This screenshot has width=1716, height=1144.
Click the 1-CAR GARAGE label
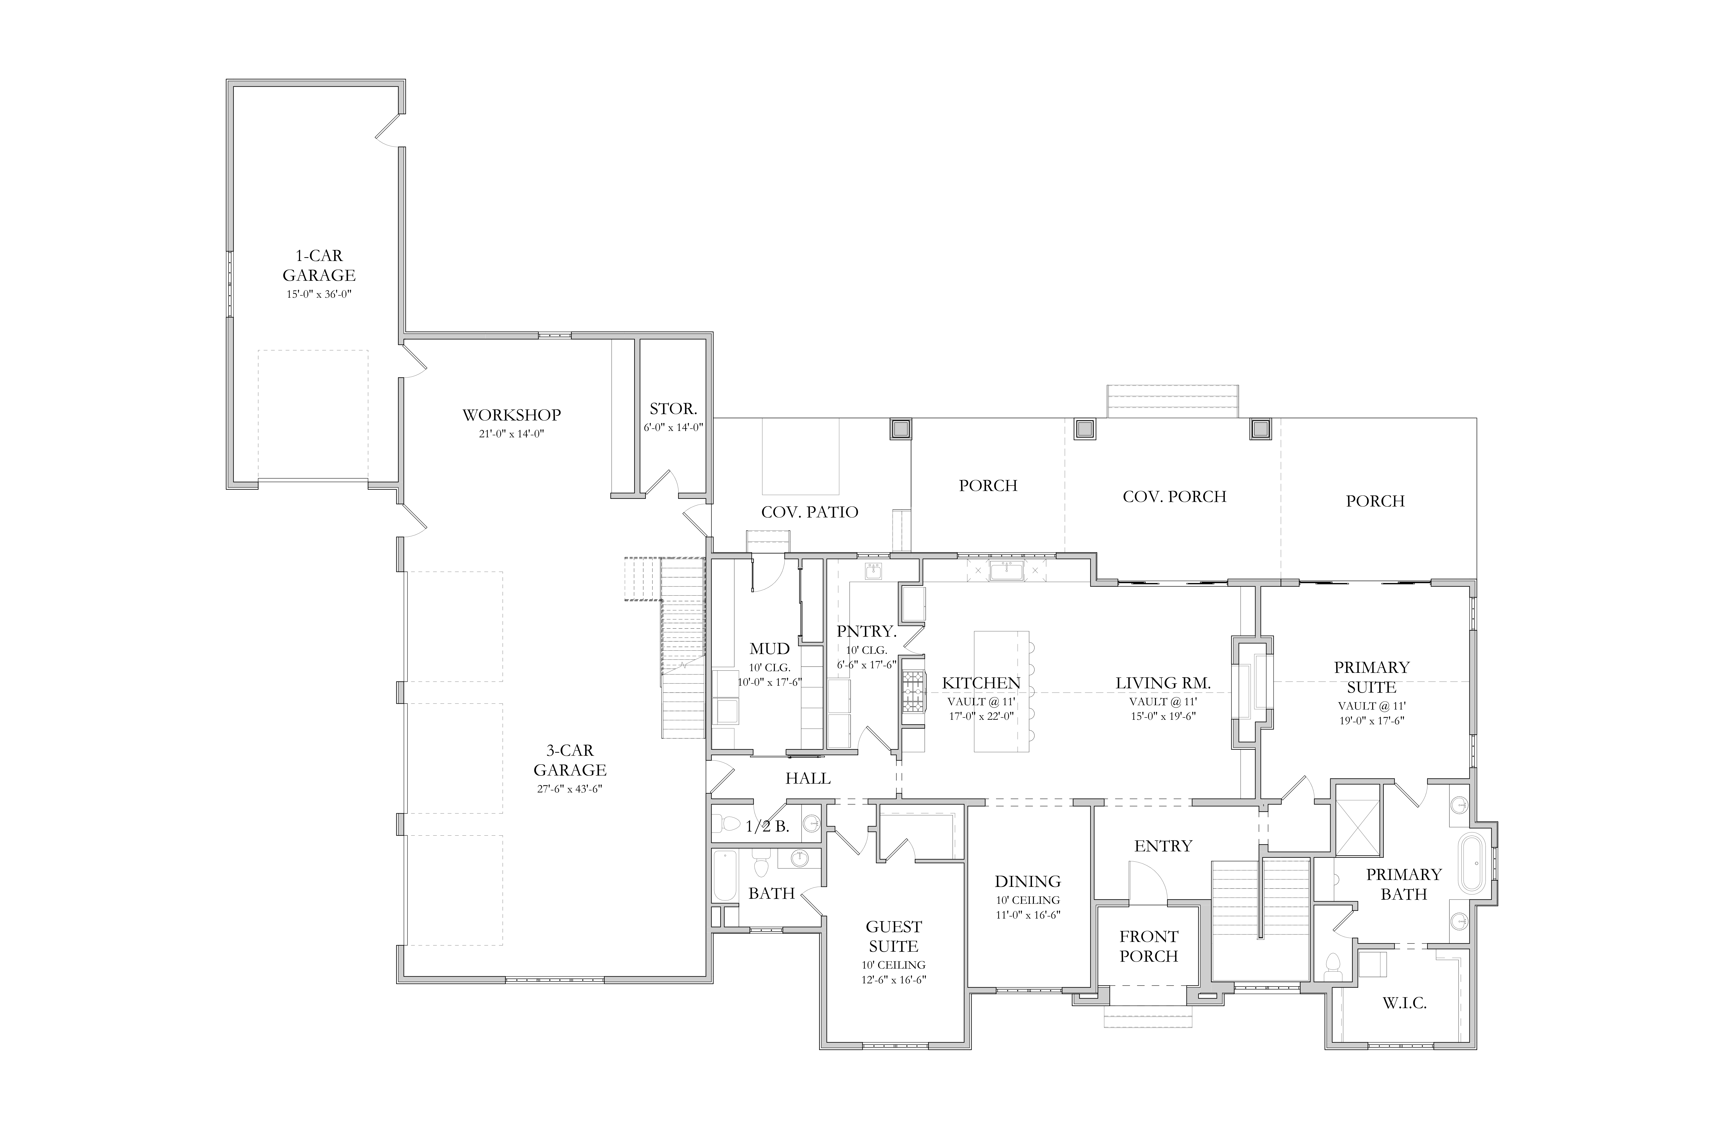319,266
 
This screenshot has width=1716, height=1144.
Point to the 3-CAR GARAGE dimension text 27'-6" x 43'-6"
570,789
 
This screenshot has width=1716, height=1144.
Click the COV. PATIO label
810,512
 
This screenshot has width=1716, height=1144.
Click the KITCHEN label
981,683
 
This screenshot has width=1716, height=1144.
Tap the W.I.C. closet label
1404,1003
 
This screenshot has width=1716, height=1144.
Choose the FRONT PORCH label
1149,946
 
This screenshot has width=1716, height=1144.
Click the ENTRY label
1163,846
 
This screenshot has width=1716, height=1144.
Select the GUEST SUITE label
894,937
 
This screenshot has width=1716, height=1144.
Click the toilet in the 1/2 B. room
726,824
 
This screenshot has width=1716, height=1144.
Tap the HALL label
808,778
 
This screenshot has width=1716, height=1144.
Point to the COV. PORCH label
1175,497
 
